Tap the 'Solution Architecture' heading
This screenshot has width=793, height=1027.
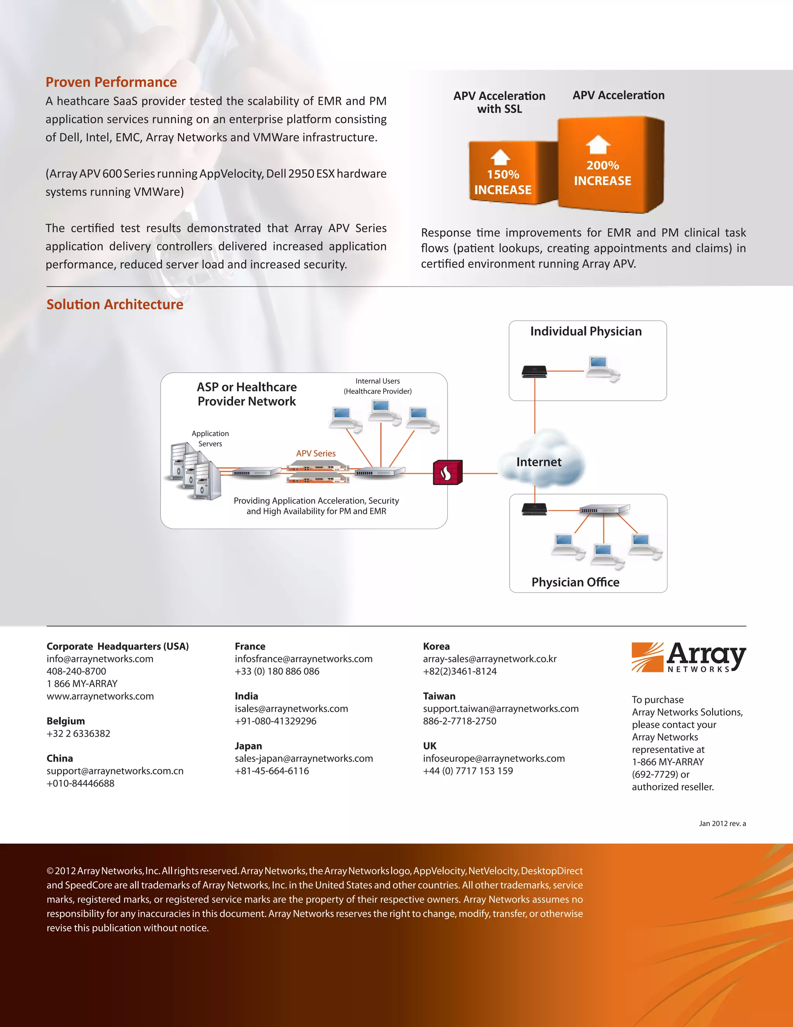click(115, 304)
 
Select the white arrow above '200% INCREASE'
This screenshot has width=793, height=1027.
click(598, 145)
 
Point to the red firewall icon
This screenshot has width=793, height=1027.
click(447, 472)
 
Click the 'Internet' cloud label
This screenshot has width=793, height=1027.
click(539, 462)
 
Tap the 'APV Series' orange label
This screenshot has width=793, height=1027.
click(316, 453)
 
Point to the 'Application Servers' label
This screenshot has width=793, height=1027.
click(210, 438)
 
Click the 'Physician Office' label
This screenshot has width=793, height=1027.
click(575, 582)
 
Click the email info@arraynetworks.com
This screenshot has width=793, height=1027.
click(100, 659)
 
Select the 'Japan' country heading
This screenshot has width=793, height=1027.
click(248, 746)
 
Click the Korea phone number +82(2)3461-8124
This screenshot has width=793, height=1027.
click(460, 671)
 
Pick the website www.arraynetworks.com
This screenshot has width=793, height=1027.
click(100, 696)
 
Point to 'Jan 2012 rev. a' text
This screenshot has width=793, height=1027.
click(722, 824)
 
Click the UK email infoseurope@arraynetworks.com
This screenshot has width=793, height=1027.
click(494, 758)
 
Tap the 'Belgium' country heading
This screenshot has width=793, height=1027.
click(66, 721)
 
